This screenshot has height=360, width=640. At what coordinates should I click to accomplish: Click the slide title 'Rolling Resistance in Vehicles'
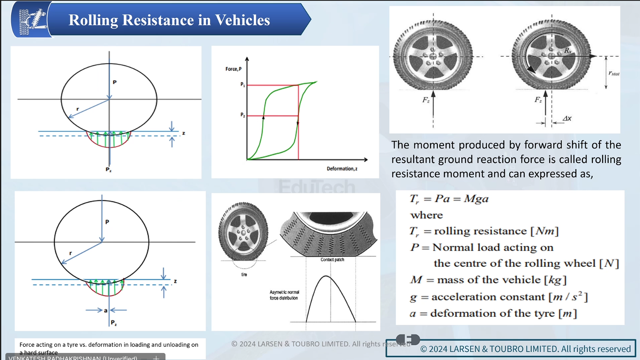click(169, 20)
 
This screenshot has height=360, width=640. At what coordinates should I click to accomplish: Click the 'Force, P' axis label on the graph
click(233, 69)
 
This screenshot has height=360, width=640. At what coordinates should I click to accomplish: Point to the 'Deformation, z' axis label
click(342, 169)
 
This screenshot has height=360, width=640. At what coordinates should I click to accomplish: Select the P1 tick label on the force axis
click(243, 84)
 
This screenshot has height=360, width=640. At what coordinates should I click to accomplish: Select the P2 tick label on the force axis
click(243, 115)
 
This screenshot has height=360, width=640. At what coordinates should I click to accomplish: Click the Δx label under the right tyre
click(567, 119)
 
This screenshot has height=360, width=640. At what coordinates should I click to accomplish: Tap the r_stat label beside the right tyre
click(614, 73)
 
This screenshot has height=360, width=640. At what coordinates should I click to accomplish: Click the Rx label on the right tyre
click(568, 50)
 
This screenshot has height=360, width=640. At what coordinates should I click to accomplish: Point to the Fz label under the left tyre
click(426, 100)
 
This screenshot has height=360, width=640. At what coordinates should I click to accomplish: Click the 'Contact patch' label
click(332, 260)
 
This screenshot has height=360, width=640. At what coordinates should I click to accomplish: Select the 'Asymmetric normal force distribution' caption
click(284, 295)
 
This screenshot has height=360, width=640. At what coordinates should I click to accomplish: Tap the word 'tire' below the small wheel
click(244, 275)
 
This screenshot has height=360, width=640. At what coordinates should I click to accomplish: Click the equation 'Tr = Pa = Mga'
click(449, 199)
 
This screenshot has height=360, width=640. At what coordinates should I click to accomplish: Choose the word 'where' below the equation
click(427, 215)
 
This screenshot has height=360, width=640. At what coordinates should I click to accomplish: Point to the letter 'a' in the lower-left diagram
click(106, 310)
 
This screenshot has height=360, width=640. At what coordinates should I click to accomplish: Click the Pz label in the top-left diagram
click(108, 170)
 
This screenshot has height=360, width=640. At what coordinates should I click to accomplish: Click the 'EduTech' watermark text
click(316, 187)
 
